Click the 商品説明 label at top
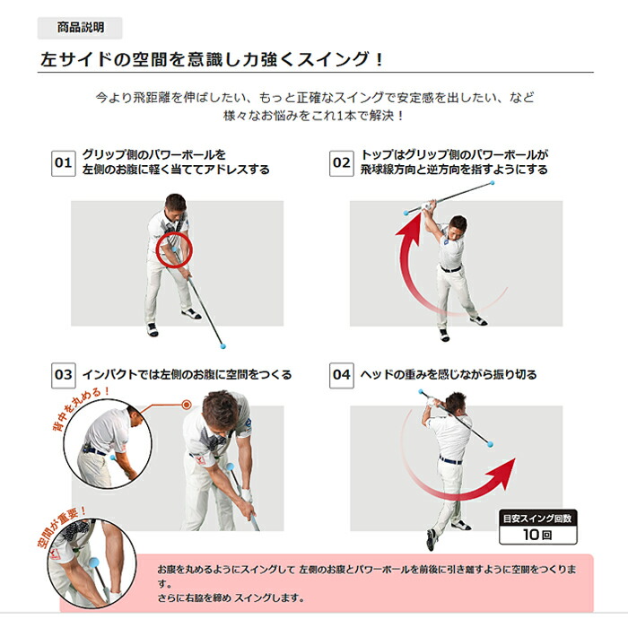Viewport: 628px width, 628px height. [80, 28]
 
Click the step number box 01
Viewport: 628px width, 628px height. [63, 162]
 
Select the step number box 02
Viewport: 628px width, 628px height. [342, 162]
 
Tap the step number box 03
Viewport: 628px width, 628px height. [63, 374]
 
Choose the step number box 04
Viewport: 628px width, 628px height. [342, 374]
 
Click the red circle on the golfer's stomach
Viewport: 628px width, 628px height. [173, 251]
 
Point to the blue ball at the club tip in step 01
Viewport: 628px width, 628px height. [223, 345]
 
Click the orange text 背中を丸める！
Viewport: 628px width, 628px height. [80, 404]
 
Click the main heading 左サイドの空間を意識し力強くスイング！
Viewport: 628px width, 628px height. [213, 60]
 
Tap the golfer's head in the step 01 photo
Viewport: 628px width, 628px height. [176, 204]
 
